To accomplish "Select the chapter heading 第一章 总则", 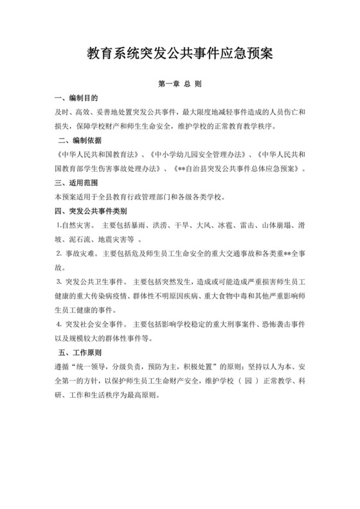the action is [x=179, y=84].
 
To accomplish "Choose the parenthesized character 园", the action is [x=248, y=381].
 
